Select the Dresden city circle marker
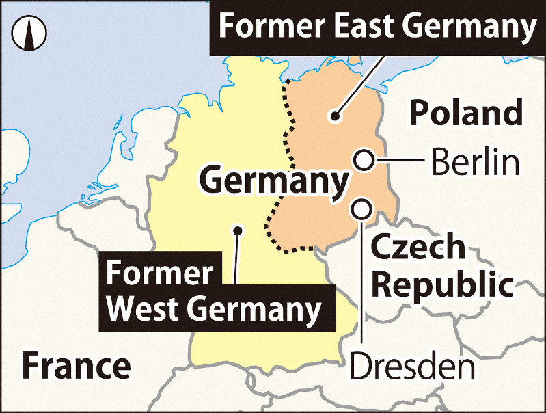[361, 207]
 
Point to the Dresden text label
[412, 367]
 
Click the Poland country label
[466, 114]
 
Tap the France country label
[75, 366]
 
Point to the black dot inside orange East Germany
[334, 116]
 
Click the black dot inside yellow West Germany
[237, 230]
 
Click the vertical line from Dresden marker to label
[361, 280]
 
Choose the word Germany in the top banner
[467, 27]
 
